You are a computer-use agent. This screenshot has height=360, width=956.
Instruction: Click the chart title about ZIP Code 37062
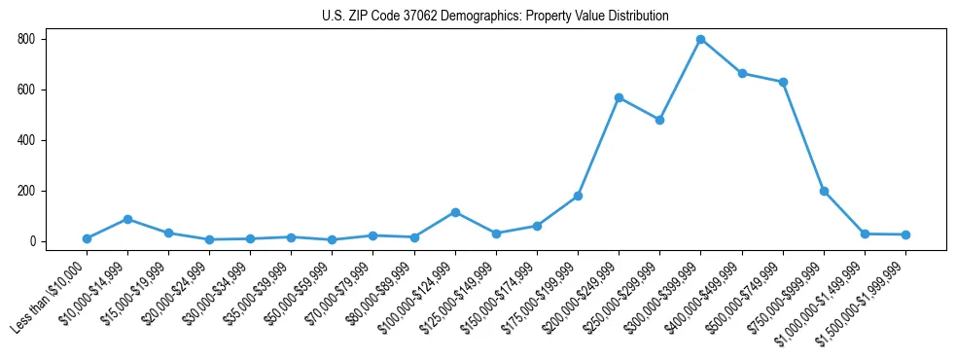495,16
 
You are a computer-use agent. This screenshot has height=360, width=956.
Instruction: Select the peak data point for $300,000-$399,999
700,40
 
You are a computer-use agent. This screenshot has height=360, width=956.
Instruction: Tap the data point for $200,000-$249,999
619,97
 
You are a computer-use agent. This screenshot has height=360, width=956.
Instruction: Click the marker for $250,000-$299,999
659,120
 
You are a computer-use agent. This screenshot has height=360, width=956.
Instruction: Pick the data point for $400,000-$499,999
742,73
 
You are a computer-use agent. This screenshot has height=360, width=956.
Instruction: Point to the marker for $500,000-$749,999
783,82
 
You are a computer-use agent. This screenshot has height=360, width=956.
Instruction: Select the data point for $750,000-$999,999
824,191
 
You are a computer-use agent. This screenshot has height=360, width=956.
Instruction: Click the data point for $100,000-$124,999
455,212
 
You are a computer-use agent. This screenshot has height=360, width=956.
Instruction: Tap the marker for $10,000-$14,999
127,219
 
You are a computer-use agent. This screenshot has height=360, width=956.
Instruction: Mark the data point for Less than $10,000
87,238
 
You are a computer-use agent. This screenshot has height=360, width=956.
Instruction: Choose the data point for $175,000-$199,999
578,196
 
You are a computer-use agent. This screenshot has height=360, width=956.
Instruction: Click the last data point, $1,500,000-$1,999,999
905,234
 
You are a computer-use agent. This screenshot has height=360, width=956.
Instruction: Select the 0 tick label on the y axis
33,241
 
